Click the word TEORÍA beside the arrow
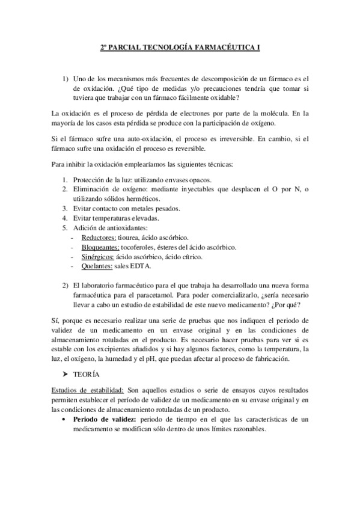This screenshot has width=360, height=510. click(86, 373)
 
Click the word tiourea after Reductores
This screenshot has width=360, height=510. click(132, 238)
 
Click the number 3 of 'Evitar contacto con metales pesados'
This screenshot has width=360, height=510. click(65, 209)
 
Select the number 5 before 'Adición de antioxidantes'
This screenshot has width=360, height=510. click(65, 228)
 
